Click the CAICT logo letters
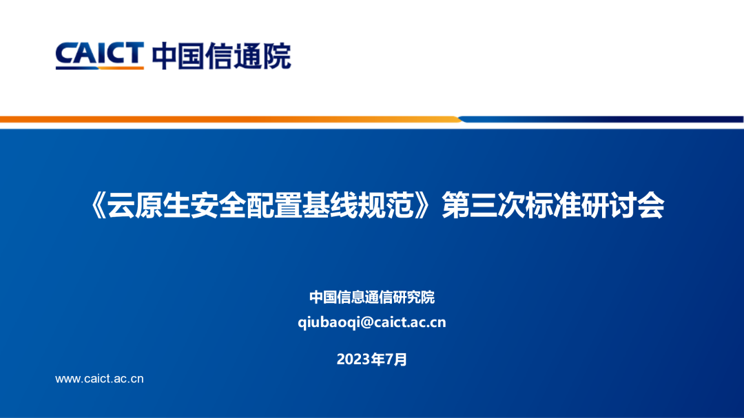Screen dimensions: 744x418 click(x=100, y=53)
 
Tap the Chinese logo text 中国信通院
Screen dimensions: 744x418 click(x=222, y=56)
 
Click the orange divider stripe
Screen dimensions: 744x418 click(x=231, y=120)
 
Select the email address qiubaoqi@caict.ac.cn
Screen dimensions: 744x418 click(x=372, y=322)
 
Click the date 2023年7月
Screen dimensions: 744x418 click(x=372, y=359)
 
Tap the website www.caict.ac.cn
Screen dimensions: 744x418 click(x=100, y=379)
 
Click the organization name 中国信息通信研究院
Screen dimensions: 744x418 click(x=372, y=297)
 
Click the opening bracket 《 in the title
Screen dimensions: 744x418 click(x=96, y=205)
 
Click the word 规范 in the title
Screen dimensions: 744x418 click(x=386, y=205)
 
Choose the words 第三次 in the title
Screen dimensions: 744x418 click(x=483, y=205)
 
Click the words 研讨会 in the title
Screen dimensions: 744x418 click(x=623, y=205)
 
